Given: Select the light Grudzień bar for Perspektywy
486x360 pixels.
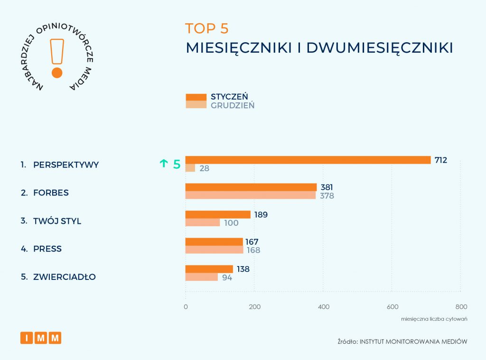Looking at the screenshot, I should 190,168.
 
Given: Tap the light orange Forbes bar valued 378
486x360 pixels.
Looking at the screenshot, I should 250,195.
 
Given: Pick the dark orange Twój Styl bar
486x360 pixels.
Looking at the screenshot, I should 218,214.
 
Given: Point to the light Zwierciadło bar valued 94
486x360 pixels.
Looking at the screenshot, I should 202,277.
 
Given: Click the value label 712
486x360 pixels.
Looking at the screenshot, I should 440,160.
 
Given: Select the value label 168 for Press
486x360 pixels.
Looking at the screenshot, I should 253,250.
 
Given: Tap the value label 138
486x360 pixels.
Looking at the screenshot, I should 243,269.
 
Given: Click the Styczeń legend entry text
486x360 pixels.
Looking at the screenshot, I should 229,97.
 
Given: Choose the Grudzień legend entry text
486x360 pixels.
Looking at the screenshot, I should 233,105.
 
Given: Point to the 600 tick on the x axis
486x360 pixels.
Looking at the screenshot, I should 392,306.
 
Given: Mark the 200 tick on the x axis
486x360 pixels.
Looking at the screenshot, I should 254,306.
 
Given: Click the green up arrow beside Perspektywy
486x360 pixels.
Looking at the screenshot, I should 164,164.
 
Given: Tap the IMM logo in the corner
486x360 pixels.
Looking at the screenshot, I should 41,338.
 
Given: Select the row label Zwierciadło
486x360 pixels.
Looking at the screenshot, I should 65,277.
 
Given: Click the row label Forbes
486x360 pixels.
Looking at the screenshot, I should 51,193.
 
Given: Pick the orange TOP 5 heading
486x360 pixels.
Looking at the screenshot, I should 207,28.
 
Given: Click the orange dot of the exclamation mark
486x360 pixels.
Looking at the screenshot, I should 57,73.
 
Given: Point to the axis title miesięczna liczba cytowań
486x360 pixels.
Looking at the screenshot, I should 434,319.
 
